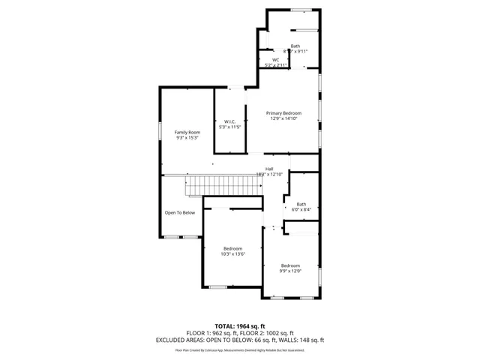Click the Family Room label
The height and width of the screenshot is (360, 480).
(x=187, y=132)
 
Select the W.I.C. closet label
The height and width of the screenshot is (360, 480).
(x=231, y=121)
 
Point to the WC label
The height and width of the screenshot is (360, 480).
(x=275, y=60)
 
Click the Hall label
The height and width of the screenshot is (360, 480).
(x=268, y=169)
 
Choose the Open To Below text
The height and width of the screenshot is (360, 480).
(x=180, y=212)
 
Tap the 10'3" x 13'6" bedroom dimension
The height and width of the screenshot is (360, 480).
(x=232, y=254)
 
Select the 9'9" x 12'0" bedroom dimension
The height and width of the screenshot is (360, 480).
(x=290, y=271)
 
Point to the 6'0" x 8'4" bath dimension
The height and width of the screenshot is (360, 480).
(x=301, y=210)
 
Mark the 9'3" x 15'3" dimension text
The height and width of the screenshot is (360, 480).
(x=187, y=138)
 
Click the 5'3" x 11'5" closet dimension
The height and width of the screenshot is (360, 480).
(x=231, y=127)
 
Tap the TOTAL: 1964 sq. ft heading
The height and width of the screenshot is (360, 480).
(x=239, y=326)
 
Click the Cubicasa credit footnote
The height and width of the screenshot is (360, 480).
(x=239, y=349)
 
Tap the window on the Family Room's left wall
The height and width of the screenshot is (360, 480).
(x=160, y=131)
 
